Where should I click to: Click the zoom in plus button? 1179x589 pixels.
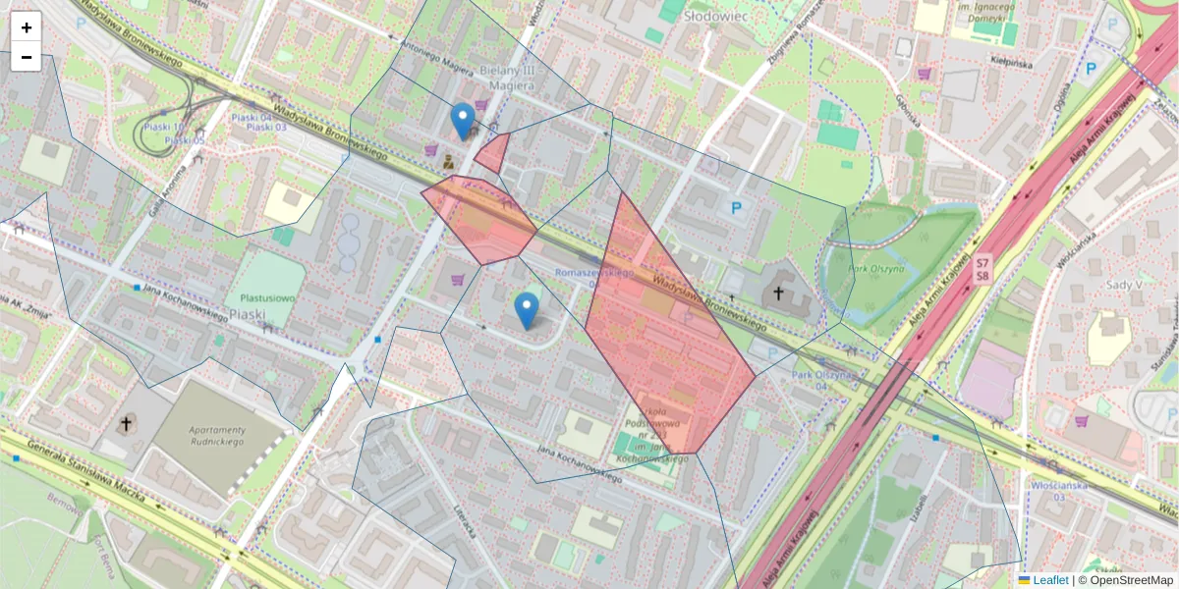point(27,27)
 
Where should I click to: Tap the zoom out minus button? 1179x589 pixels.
point(27,57)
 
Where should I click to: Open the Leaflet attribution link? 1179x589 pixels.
point(1049,580)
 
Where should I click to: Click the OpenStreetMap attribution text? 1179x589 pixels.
point(1131,580)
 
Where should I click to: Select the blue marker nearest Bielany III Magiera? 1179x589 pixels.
point(463,121)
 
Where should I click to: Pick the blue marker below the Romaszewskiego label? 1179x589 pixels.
point(527,310)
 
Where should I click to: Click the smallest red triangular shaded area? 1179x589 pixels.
point(493,154)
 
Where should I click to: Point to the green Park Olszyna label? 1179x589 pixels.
point(877,269)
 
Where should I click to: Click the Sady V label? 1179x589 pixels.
point(1124,285)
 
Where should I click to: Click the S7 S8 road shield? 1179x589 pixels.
point(981,270)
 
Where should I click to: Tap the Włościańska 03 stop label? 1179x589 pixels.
point(1059,491)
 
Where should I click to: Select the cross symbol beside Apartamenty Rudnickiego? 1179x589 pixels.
point(126,424)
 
